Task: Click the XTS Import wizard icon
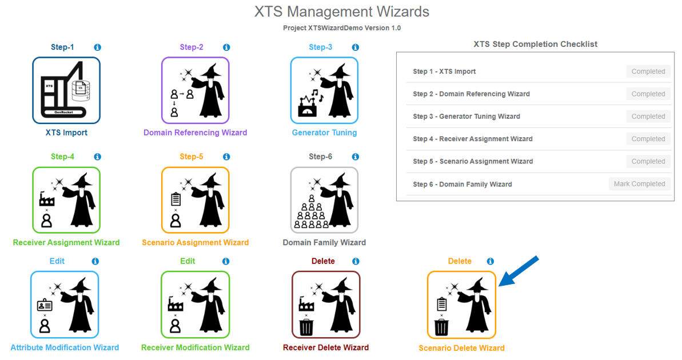point(66,90)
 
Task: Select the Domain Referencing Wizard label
point(195,133)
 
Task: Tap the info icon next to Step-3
point(356,47)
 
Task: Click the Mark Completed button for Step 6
point(639,184)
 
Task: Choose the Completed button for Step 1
point(648,71)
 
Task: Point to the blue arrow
point(519,270)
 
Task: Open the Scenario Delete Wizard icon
point(461,305)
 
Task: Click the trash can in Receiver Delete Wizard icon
point(307,327)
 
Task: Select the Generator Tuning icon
point(324,90)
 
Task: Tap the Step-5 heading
point(192,157)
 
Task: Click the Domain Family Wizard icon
point(324,200)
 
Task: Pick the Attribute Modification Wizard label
point(65,347)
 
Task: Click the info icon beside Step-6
point(356,157)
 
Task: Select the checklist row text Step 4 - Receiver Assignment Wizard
point(472,139)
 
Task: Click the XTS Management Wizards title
point(341,11)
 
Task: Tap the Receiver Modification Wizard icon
point(195,305)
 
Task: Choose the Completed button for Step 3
point(648,117)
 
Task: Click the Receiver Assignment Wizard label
point(66,242)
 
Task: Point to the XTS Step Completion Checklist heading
point(535,44)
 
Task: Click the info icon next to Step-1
point(97,47)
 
